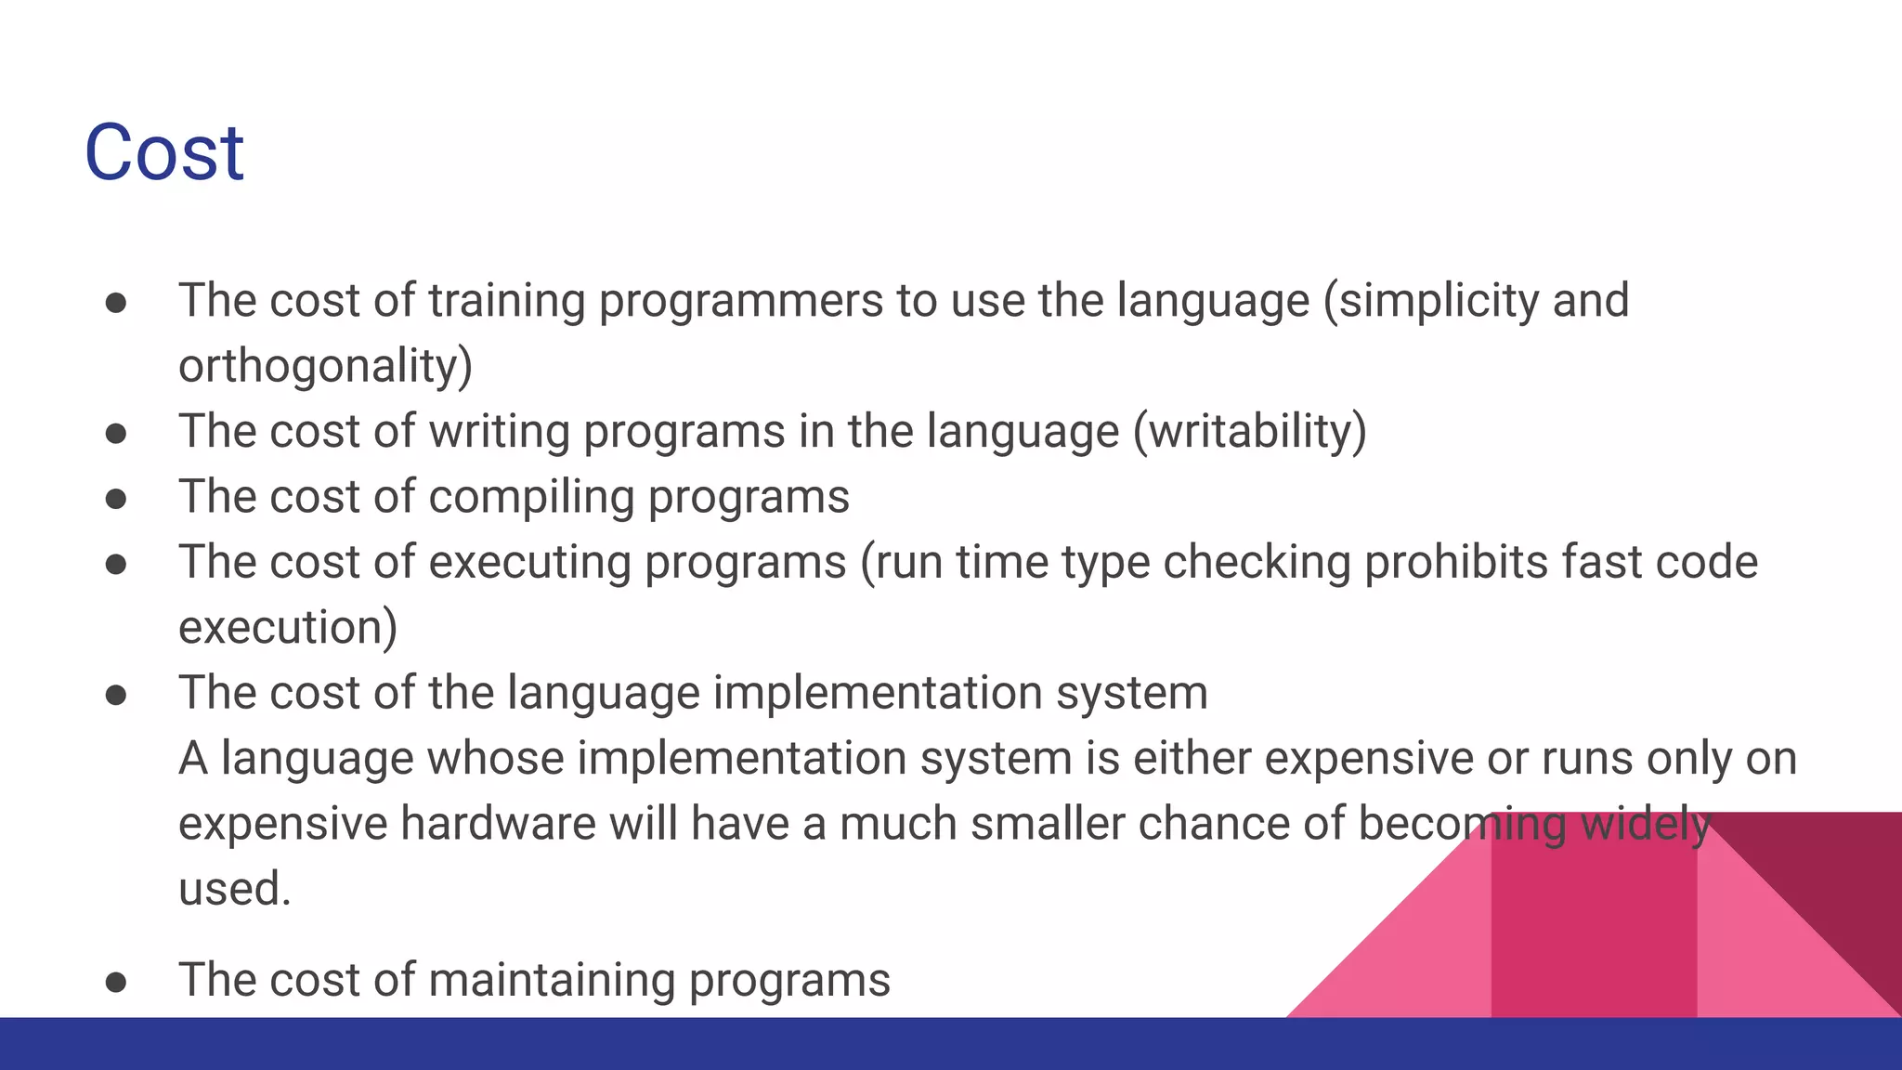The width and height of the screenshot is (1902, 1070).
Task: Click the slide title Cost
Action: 163,152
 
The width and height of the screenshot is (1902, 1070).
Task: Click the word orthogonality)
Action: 325,366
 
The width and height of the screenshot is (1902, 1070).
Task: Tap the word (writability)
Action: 1249,432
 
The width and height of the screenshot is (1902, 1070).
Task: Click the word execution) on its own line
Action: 287,628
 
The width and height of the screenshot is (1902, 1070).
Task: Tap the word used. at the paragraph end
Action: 235,889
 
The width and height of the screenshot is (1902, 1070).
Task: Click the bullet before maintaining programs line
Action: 116,983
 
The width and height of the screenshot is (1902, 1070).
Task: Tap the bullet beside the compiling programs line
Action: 116,499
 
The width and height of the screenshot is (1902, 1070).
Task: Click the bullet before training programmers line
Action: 116,303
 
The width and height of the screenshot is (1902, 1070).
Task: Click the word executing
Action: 529,563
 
